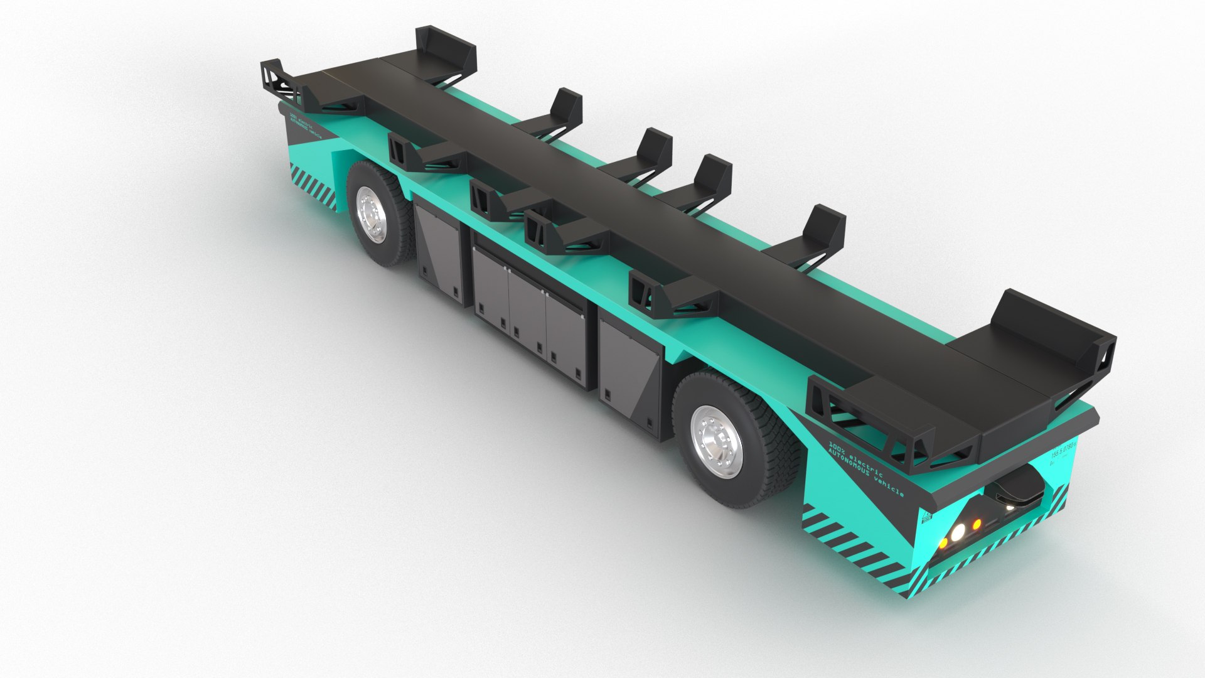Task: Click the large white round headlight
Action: click(x=957, y=532)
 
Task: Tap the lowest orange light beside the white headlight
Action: click(x=943, y=542)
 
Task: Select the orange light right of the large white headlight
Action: click(x=976, y=523)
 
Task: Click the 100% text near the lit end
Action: click(x=838, y=444)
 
